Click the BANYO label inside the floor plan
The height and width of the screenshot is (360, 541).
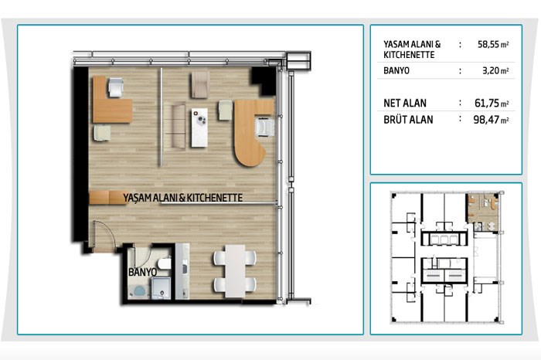click(x=142, y=272)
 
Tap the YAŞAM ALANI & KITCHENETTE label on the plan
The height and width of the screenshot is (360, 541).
click(x=183, y=198)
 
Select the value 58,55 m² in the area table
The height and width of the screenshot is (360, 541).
click(x=493, y=45)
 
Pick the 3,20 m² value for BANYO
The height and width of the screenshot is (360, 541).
click(x=495, y=70)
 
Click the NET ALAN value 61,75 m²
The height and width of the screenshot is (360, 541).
click(x=492, y=103)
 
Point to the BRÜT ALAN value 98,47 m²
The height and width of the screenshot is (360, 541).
click(x=491, y=119)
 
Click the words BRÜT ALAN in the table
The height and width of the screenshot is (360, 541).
click(x=408, y=120)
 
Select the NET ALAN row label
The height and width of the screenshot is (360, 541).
click(x=405, y=103)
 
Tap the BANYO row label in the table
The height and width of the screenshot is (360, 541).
click(x=396, y=71)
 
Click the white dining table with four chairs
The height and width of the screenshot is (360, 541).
click(x=235, y=271)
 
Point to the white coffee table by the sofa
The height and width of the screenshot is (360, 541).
click(x=199, y=127)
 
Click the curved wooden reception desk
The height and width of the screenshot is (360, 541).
click(x=251, y=131)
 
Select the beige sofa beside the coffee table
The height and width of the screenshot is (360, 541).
click(x=179, y=126)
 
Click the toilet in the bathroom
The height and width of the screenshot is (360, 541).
click(x=164, y=264)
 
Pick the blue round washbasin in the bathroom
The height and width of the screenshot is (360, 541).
click(x=139, y=291)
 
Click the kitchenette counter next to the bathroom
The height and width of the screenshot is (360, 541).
click(x=182, y=271)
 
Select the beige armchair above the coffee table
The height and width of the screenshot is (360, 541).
click(x=200, y=85)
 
